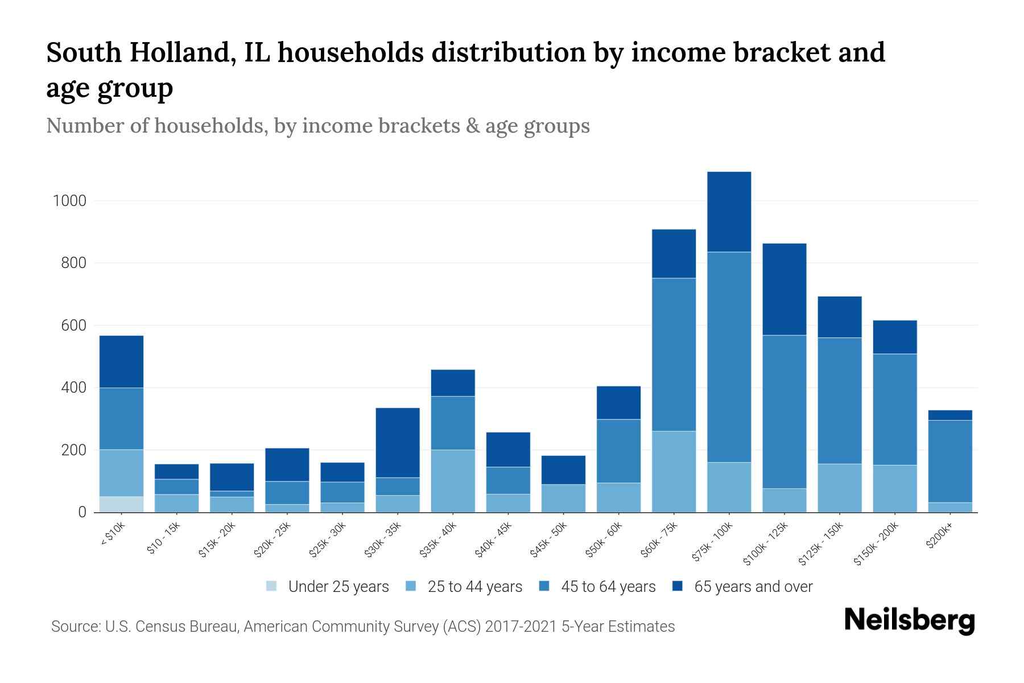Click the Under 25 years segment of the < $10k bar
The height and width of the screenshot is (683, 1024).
(121, 504)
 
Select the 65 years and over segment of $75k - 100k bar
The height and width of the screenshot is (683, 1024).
(729, 212)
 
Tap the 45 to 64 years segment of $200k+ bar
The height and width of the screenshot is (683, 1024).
(949, 461)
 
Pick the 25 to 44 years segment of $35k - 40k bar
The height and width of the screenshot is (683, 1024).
(453, 481)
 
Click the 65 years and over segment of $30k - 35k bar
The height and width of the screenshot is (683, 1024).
(398, 442)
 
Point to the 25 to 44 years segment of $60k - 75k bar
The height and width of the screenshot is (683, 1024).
(674, 471)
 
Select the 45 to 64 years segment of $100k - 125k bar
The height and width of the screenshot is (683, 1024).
(784, 412)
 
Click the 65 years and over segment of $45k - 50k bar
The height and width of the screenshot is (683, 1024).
(563, 470)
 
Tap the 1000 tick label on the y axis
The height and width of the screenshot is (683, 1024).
(69, 201)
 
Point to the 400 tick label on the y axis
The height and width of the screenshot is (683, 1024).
(74, 388)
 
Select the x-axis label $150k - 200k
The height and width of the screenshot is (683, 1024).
(877, 544)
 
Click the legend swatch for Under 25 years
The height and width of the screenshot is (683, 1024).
(272, 586)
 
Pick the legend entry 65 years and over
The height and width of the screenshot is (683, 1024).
(753, 587)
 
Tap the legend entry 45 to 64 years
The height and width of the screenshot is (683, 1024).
(608, 587)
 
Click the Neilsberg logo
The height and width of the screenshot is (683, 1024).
(909, 620)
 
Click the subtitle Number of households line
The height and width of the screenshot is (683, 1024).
(317, 126)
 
